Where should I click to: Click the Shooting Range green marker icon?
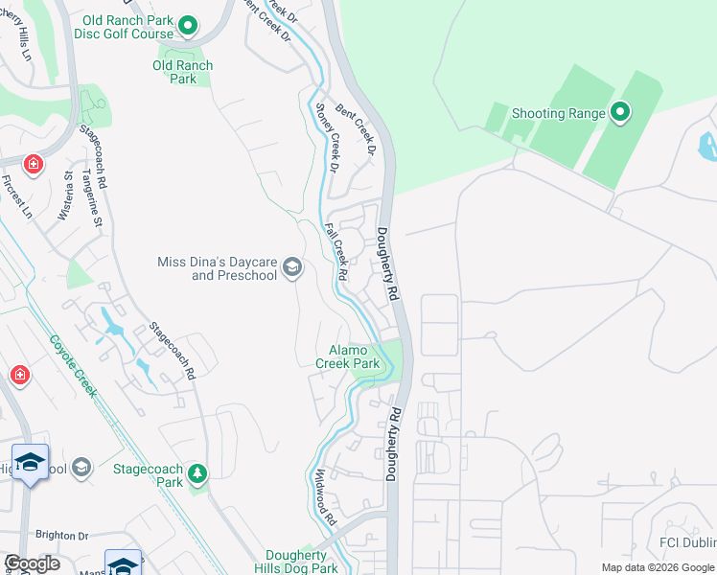point(619,113)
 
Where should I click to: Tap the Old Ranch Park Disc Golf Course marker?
point(189,26)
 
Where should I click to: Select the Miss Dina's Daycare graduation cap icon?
point(292,267)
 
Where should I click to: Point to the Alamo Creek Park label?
point(348,357)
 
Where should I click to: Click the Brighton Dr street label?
point(62,536)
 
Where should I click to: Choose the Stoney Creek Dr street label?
point(328,138)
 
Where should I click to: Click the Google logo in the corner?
point(32,563)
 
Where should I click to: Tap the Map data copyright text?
point(657,567)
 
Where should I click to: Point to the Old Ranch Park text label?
point(182,72)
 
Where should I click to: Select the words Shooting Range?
point(558,113)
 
